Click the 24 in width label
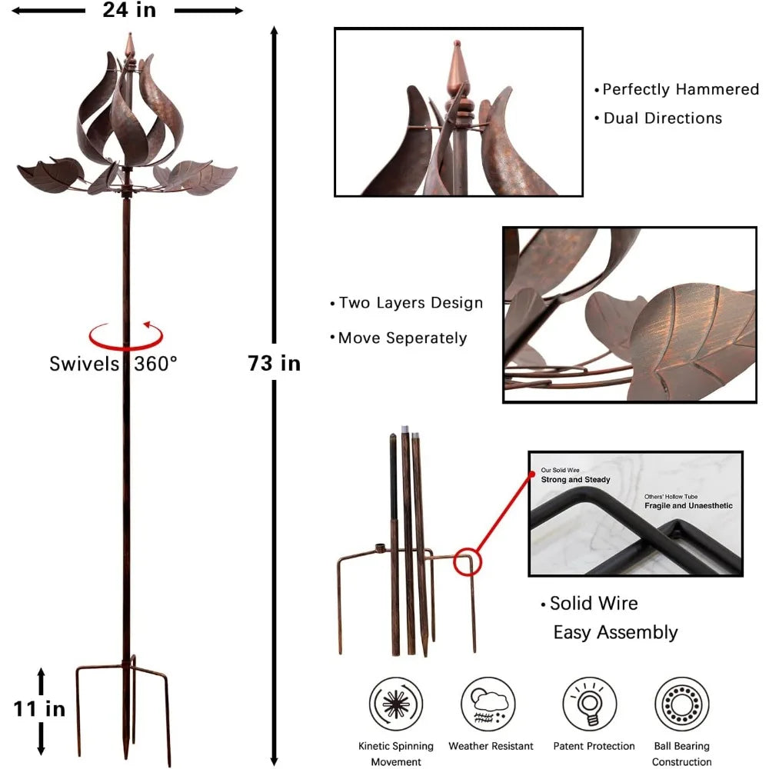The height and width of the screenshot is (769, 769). click(129, 10)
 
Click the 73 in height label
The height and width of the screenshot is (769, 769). click(274, 364)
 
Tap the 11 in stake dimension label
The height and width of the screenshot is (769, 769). click(39, 709)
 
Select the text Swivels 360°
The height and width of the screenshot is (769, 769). click(113, 364)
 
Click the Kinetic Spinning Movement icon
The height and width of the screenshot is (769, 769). click(396, 704)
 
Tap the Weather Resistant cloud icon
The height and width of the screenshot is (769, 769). click(488, 704)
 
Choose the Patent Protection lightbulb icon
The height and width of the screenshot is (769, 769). click(590, 704)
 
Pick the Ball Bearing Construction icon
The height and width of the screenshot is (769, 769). click(681, 704)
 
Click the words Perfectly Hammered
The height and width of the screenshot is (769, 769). click(681, 89)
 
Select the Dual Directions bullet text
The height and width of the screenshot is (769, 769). click(663, 118)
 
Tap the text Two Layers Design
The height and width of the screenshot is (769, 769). click(411, 302)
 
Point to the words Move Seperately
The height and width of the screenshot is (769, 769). click(403, 338)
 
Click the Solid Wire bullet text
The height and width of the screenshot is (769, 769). click(594, 603)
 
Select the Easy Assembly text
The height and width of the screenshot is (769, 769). click(615, 633)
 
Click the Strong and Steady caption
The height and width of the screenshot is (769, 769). click(575, 480)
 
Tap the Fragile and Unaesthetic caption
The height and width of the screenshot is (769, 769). click(688, 506)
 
